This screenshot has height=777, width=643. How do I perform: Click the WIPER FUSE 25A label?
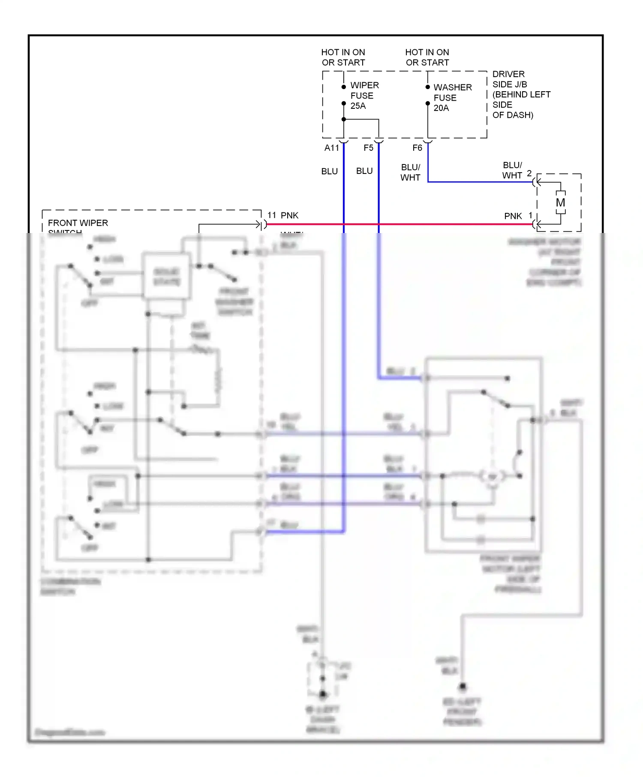point(364,96)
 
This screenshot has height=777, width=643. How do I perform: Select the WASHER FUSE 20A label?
point(452,98)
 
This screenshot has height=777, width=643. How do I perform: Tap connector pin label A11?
point(331,148)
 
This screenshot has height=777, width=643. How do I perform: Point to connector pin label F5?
point(368,148)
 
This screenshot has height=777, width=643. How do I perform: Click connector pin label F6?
point(417,148)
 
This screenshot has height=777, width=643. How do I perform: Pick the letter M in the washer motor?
point(560,203)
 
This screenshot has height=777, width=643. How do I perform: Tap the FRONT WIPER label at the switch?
point(78,223)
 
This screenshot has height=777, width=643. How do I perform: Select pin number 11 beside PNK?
point(272,215)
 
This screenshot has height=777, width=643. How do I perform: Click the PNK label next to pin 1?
point(513,216)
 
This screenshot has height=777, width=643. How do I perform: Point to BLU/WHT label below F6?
point(410,172)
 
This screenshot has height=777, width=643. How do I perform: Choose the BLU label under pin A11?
point(329,171)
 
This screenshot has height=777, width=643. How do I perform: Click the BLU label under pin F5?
point(364,171)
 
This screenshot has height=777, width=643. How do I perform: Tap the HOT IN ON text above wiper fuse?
point(343,52)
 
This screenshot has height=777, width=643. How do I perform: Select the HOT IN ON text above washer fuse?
point(427,52)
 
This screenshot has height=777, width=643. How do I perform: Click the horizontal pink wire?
point(429,224)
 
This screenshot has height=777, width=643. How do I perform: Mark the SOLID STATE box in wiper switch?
point(167,277)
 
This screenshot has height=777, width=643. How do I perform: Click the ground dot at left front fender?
point(462,687)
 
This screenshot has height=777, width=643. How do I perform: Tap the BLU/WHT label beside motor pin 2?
point(512,170)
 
